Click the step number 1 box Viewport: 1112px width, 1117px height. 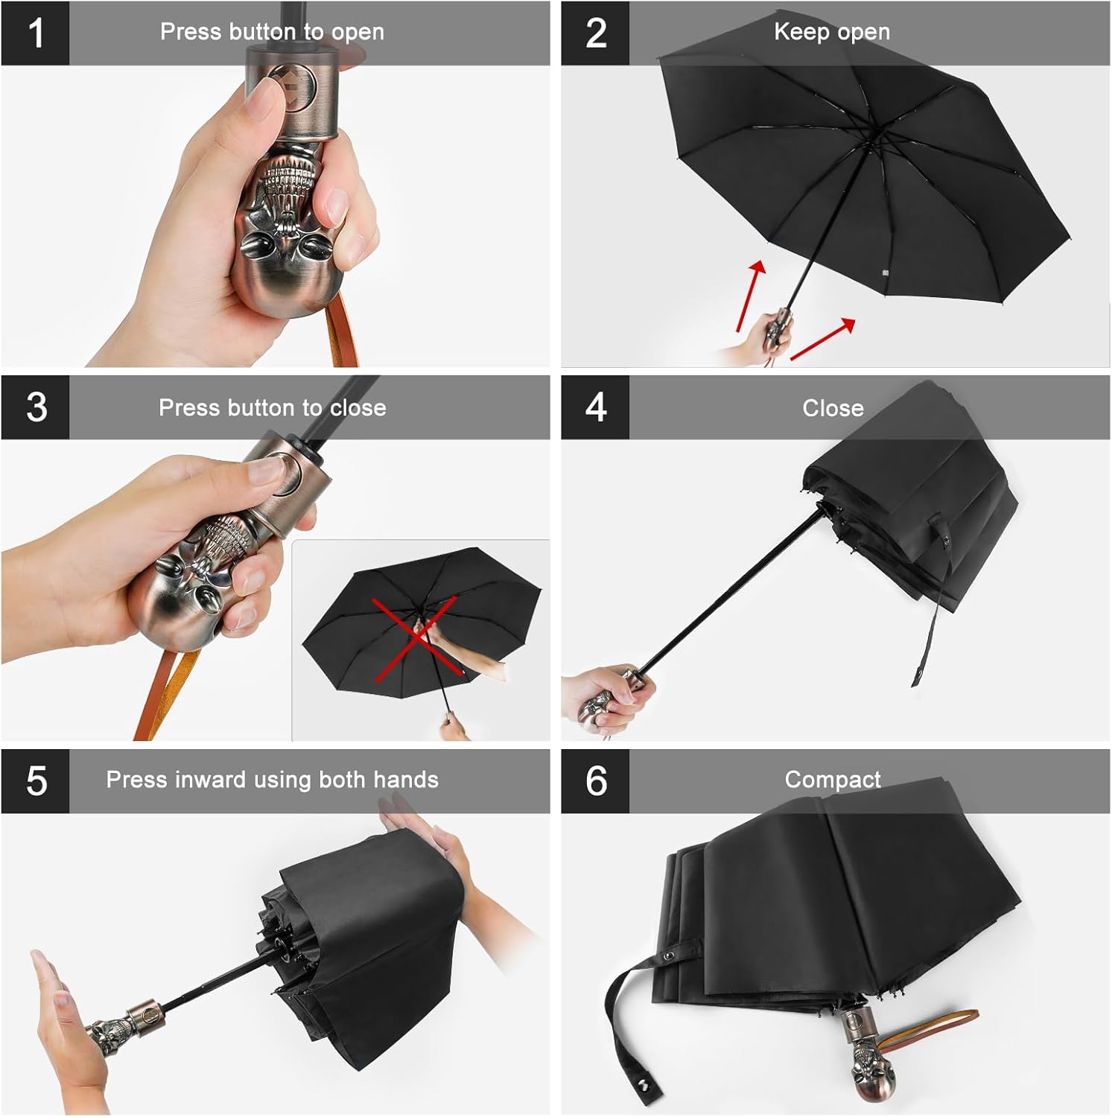pos(35,34)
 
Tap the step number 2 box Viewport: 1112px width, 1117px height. pos(595,34)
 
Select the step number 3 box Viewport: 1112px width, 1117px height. pos(35,407)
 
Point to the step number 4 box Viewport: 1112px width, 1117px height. pos(595,407)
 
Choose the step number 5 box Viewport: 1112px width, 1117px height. pos(35,781)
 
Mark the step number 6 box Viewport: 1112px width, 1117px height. pos(595,781)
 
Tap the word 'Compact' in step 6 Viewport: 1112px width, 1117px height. pos(833,780)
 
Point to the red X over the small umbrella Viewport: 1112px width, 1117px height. pos(416,639)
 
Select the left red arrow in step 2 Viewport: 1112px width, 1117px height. pos(751,296)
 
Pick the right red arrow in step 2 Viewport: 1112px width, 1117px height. pos(822,339)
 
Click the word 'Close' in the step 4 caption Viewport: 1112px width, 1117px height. pos(833,408)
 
